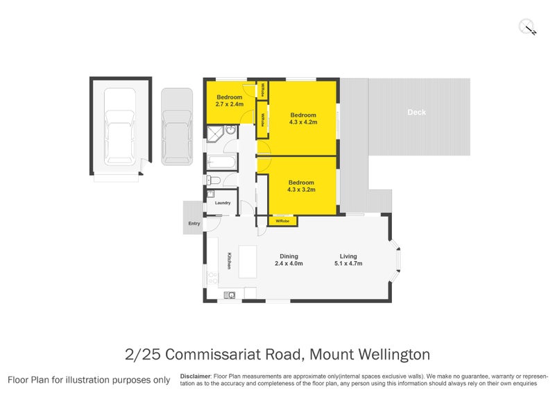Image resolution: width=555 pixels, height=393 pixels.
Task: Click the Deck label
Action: pyautogui.click(x=416, y=112)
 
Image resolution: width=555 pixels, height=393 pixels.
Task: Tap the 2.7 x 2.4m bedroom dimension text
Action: pyautogui.click(x=230, y=104)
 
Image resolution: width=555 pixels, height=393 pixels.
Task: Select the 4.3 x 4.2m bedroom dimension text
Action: pyautogui.click(x=303, y=122)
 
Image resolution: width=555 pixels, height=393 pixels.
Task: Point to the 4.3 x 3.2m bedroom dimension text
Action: pyautogui.click(x=302, y=189)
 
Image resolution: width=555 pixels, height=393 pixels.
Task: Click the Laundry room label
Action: pyautogui.click(x=223, y=203)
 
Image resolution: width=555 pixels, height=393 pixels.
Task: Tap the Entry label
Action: pyautogui.click(x=194, y=224)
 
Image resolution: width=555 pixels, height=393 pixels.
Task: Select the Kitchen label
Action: pyautogui.click(x=228, y=260)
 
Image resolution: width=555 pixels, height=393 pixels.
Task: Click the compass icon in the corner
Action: pyautogui.click(x=528, y=27)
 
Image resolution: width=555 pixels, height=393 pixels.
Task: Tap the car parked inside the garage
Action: pyautogui.click(x=119, y=137)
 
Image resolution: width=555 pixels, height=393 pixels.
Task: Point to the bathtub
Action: pyautogui.click(x=221, y=162)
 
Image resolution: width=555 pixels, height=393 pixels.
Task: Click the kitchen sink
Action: pyautogui.click(x=230, y=294)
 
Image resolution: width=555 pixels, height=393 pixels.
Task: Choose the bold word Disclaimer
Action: pyautogui.click(x=195, y=376)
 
